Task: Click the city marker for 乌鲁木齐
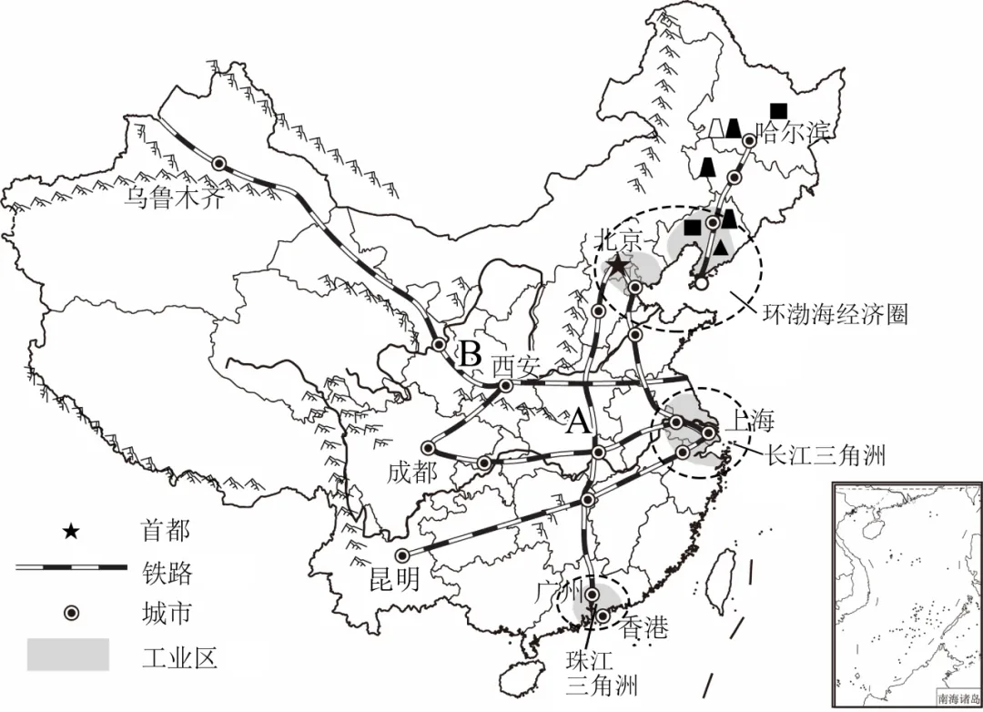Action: click(x=218, y=163)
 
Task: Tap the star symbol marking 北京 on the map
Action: click(x=618, y=266)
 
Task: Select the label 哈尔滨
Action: click(x=795, y=133)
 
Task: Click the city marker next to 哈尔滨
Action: click(x=749, y=141)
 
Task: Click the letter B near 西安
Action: click(x=469, y=351)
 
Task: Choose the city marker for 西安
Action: click(x=506, y=385)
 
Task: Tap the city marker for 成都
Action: click(x=428, y=447)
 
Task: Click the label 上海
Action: click(x=750, y=421)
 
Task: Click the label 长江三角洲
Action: click(x=826, y=455)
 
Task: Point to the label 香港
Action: click(x=644, y=627)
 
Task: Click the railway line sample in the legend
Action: click(x=70, y=567)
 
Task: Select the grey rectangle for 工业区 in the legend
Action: click(x=67, y=655)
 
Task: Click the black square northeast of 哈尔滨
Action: click(x=777, y=109)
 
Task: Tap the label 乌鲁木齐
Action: click(x=172, y=198)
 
